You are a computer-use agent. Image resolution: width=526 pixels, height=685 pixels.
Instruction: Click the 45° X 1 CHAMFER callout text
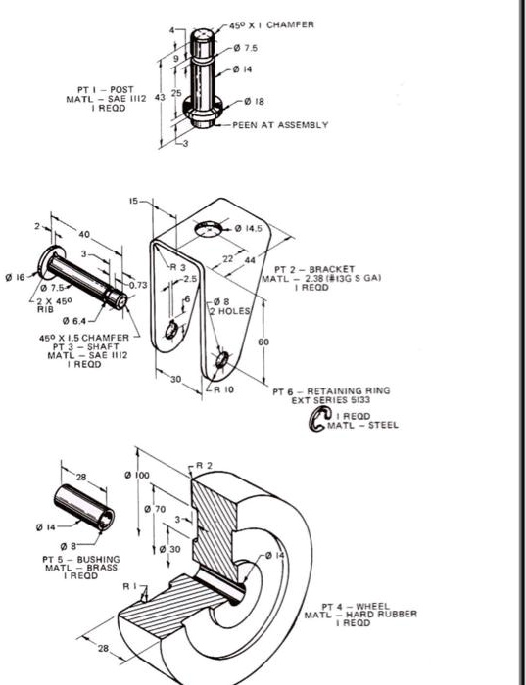[272, 24]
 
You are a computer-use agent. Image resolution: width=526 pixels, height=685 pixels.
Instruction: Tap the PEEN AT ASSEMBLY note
[280, 125]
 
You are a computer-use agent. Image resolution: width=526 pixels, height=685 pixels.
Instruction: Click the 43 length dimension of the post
[161, 94]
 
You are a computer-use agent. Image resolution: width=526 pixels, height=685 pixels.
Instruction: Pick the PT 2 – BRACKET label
[307, 269]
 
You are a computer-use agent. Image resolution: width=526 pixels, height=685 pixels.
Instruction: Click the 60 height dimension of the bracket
[263, 342]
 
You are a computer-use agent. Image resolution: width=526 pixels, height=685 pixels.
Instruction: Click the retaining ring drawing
[318, 421]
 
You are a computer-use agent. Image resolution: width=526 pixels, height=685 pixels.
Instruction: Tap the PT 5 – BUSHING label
[73, 561]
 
